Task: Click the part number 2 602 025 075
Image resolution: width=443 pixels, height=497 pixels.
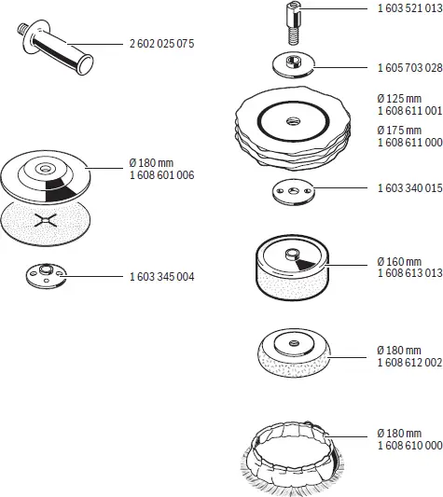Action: (159, 44)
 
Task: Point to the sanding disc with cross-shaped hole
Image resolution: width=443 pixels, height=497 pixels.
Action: (46, 224)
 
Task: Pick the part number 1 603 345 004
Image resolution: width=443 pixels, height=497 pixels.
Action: (159, 277)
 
